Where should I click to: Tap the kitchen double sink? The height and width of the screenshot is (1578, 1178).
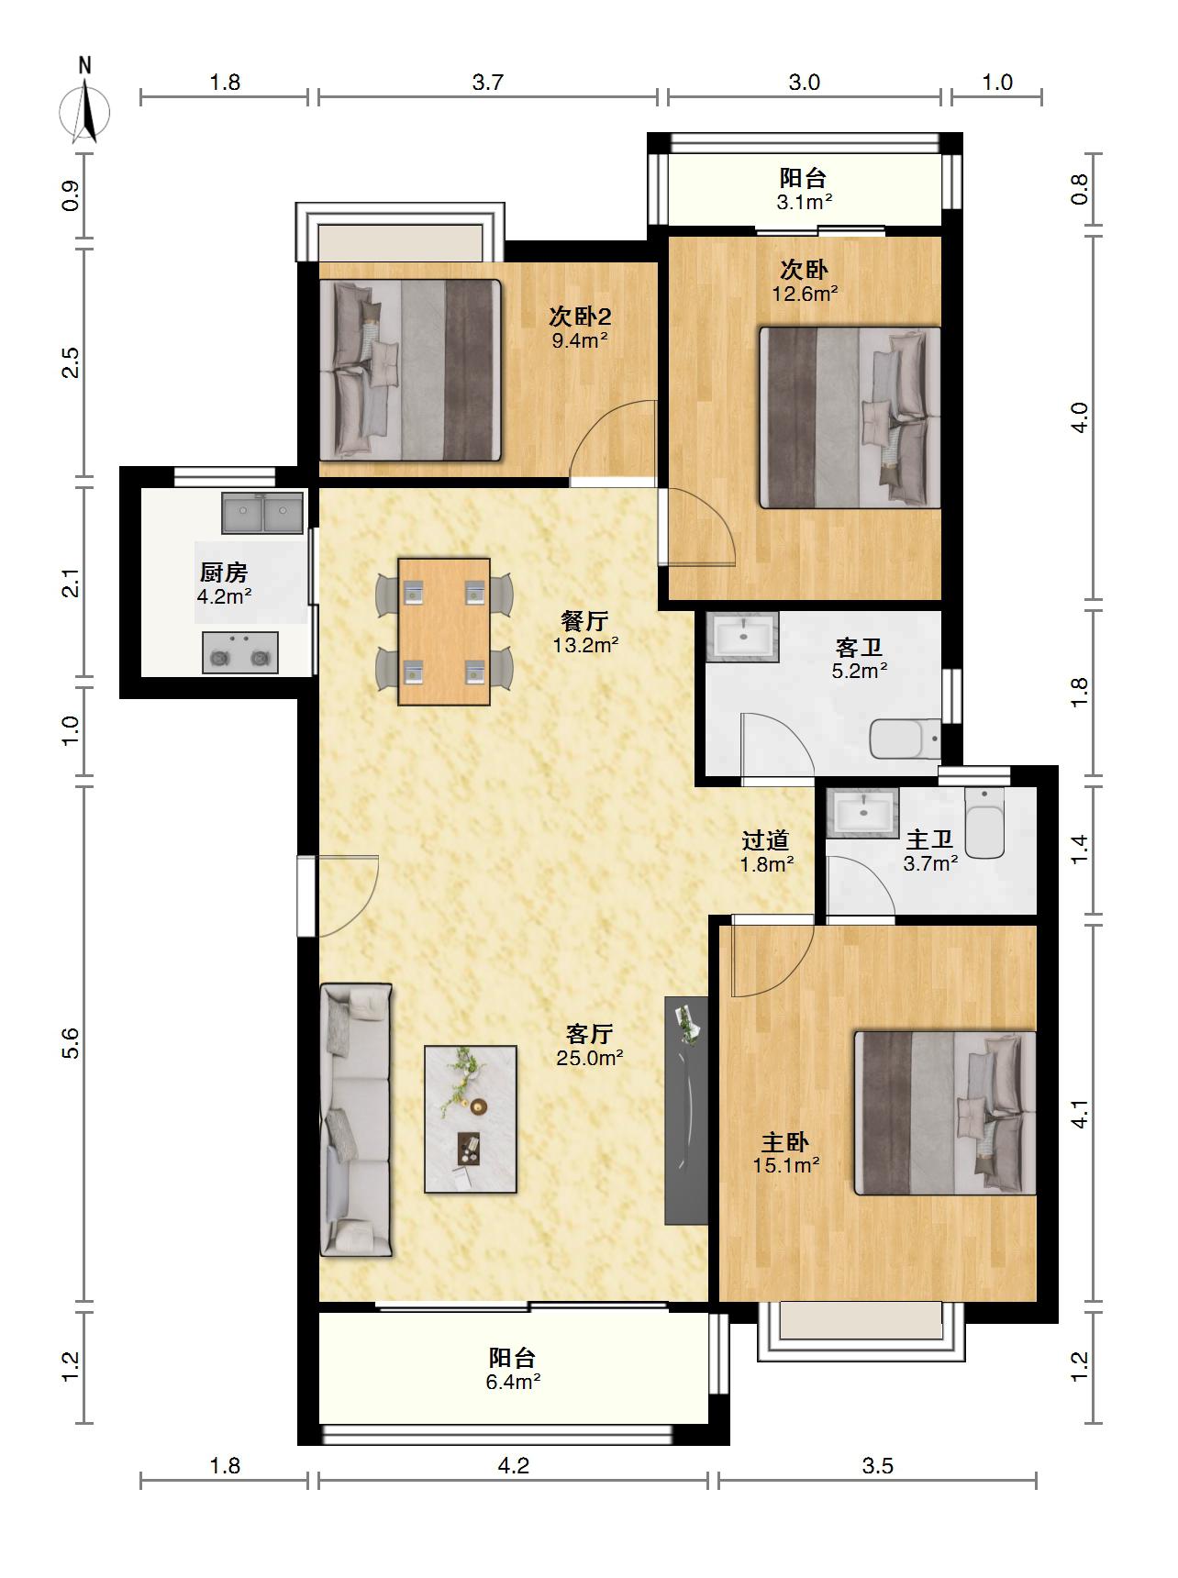click(x=262, y=513)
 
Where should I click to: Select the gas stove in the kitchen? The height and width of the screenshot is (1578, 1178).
click(x=239, y=652)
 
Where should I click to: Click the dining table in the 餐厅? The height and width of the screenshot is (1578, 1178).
click(x=444, y=631)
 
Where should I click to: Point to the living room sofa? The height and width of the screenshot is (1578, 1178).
click(x=356, y=1119)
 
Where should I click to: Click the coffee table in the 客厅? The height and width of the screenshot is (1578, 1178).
click(x=471, y=1119)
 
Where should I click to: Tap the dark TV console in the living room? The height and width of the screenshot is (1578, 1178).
click(x=686, y=1110)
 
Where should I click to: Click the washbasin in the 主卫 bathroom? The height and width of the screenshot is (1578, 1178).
click(x=861, y=812)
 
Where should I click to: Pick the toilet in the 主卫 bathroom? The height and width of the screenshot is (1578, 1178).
click(x=986, y=823)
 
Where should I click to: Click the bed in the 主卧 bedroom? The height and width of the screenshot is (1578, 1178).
click(x=945, y=1113)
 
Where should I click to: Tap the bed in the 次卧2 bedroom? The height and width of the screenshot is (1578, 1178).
click(x=410, y=370)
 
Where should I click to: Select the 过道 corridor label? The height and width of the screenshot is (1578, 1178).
click(x=765, y=839)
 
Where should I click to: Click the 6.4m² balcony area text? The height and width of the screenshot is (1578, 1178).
click(x=513, y=1382)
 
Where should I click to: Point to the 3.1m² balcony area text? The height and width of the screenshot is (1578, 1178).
click(x=804, y=202)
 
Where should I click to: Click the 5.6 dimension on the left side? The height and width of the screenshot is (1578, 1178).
click(x=71, y=1043)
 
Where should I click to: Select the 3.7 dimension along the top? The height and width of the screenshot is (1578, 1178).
click(x=488, y=83)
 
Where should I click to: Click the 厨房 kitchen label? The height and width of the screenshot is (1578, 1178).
click(x=224, y=572)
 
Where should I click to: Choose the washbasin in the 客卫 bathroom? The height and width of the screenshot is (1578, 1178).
click(x=742, y=637)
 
